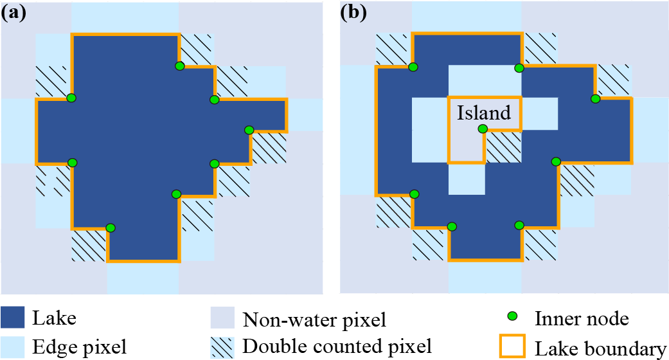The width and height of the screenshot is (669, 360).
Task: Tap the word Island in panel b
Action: (484, 113)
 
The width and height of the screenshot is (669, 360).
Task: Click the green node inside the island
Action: (483, 129)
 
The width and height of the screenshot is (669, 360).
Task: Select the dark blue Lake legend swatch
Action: (13, 318)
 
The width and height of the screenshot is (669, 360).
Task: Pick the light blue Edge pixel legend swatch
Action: (13, 347)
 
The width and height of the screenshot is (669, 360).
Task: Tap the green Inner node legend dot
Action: (513, 317)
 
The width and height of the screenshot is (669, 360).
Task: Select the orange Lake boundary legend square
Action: (513, 347)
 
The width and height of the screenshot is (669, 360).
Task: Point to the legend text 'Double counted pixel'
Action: (337, 347)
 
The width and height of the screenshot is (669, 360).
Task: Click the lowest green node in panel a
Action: (111, 228)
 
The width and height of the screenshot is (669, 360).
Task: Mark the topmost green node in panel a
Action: (179, 66)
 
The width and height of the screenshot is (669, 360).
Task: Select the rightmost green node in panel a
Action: (249, 130)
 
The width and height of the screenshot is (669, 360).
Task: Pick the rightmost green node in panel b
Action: (596, 98)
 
